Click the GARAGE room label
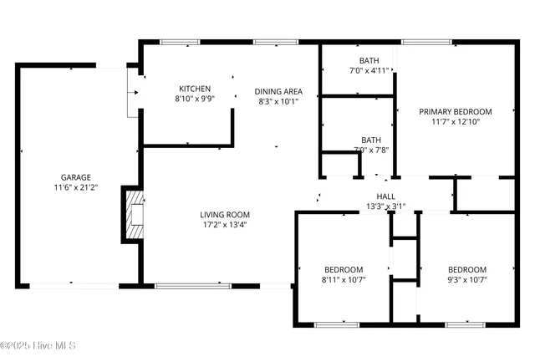point(75,177)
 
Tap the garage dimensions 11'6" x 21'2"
point(75,187)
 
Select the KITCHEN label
point(195,89)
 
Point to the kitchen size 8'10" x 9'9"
point(195,99)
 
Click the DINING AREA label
point(278,91)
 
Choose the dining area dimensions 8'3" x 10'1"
point(278,101)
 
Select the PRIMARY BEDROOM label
point(455,111)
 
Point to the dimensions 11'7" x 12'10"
point(455,121)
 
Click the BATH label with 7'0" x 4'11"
point(369,60)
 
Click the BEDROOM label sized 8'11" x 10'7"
point(344,269)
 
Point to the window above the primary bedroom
point(426,41)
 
